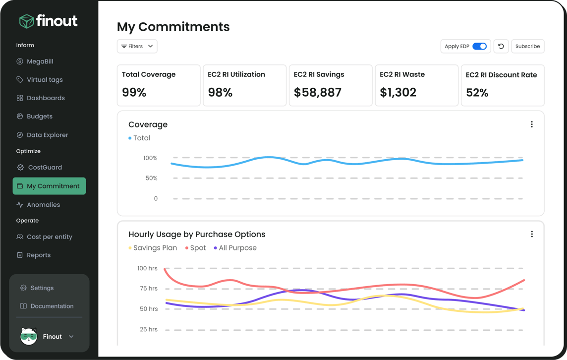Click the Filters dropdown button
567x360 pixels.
[137, 46]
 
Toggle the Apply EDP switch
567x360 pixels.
[479, 46]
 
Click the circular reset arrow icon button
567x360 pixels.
[501, 46]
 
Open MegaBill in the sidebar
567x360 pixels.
[40, 61]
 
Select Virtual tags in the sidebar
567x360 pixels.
[44, 80]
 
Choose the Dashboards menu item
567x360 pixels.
[46, 98]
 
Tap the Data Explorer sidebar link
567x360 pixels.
[47, 135]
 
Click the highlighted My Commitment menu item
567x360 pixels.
[49, 186]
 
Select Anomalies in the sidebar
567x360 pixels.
[43, 205]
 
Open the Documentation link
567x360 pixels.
[52, 306]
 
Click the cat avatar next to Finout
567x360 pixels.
[29, 336]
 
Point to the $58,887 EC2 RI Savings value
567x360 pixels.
[317, 93]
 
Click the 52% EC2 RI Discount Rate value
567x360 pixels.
[477, 93]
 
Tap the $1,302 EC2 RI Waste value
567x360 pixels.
[397, 93]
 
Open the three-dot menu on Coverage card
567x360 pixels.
[532, 124]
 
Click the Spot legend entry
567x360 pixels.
[196, 248]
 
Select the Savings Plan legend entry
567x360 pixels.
[153, 248]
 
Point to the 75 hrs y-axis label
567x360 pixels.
[148, 289]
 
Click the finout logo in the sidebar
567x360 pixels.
[48, 21]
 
